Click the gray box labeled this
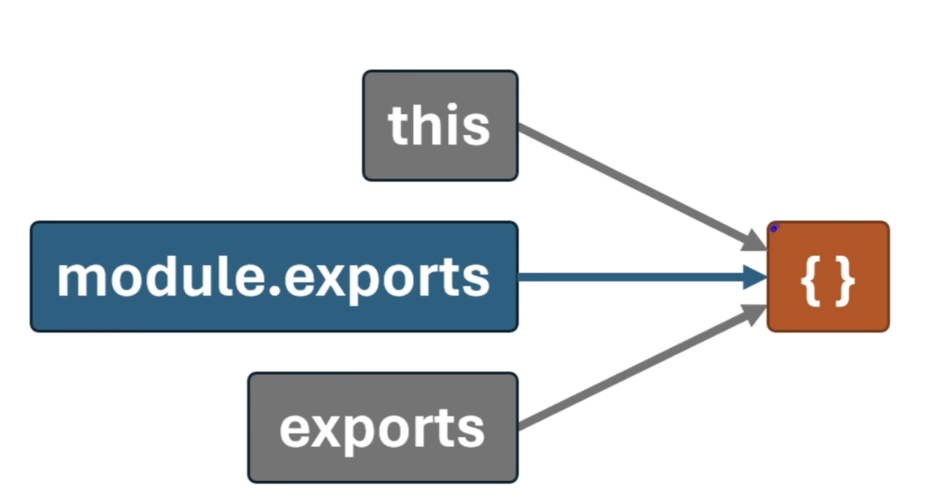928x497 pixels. tap(440, 125)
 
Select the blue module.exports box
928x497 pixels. tap(274, 276)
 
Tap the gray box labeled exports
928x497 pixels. tap(383, 428)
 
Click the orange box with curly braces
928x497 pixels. tap(828, 276)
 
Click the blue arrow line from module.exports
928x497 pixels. tap(630, 277)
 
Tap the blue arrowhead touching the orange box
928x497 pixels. tap(756, 277)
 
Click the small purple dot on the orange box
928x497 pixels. tap(774, 228)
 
